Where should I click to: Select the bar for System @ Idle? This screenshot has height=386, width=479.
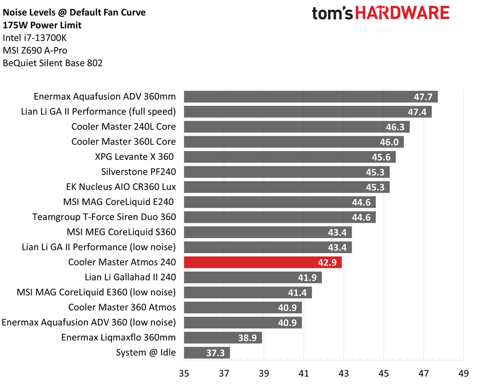pos(206,352)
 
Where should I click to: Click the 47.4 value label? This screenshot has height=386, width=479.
pos(417,112)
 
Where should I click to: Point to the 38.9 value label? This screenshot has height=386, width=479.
pos(247,338)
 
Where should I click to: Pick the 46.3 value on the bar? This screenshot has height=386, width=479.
pos(395,127)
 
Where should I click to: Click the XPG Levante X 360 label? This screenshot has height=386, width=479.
pos(134,157)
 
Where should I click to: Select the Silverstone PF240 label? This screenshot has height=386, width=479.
pos(138,172)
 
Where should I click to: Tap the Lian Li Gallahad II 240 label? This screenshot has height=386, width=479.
pos(130,277)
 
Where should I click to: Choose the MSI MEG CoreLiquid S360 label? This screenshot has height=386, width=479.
pos(121,232)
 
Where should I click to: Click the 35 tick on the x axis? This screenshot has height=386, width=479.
pos(184,374)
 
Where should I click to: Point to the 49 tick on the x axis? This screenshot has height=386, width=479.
pos(463,374)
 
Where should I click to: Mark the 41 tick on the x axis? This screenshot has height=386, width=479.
pos(303,374)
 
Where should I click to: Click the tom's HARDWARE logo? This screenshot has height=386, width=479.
pos(381,13)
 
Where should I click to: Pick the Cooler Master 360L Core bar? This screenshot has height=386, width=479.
pos(293,142)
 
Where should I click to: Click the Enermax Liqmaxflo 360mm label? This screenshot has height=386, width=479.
pos(119,338)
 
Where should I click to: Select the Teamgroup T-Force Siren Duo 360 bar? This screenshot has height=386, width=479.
pos(279,217)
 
